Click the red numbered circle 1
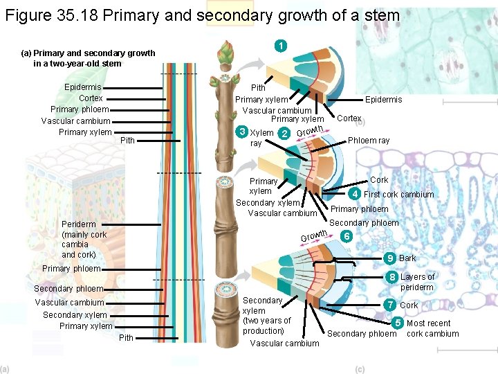[x=280, y=46]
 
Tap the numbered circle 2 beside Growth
[x=284, y=134]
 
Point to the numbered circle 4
[x=356, y=193]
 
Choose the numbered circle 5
[x=398, y=322]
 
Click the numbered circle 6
[x=347, y=236]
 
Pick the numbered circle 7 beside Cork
[x=391, y=305]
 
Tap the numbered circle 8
[x=391, y=278]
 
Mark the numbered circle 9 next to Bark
[x=390, y=258]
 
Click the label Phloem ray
[x=368, y=140]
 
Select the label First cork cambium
[x=398, y=195]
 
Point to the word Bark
[x=407, y=259]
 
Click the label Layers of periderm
[x=417, y=282]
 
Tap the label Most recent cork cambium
[x=432, y=328]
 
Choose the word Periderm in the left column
[x=78, y=224]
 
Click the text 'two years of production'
[x=267, y=326]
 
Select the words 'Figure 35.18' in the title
[x=50, y=15]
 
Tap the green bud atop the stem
[x=225, y=53]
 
